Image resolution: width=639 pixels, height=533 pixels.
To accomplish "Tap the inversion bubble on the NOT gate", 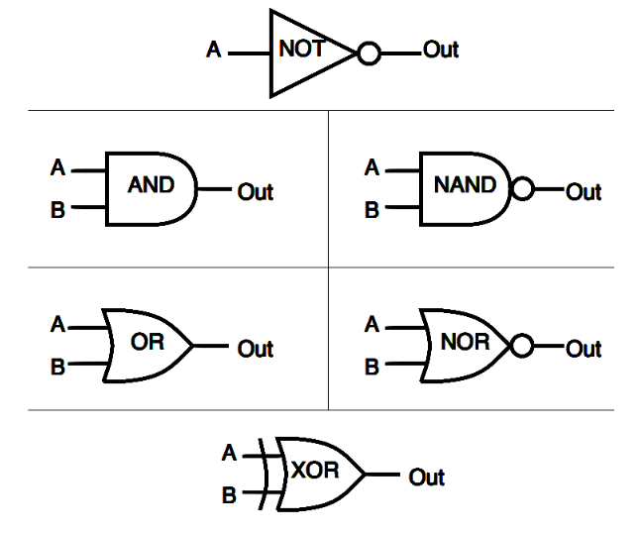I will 368,53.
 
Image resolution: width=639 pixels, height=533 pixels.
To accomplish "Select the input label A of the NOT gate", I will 214,50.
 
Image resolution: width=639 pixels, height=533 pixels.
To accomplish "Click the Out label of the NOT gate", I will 441,50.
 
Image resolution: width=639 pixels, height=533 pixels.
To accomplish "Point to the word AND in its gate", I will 151,184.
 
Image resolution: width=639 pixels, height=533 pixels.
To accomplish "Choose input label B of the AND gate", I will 57,210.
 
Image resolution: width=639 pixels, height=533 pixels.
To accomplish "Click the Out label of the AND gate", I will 255,192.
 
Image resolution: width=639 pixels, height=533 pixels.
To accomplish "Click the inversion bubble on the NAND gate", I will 522,188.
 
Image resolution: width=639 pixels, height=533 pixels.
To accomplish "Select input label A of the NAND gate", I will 372,168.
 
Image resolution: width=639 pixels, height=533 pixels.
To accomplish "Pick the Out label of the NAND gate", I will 584,192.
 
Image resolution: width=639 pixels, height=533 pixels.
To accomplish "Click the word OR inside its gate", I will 147,343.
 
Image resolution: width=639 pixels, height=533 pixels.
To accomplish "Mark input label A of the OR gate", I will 57,324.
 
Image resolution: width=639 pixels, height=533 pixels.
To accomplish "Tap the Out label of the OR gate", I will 255,349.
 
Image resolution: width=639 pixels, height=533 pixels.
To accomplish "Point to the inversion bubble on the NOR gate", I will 522,346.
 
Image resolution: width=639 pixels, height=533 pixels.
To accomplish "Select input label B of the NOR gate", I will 372,368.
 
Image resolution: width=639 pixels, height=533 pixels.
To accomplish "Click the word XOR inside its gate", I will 314,471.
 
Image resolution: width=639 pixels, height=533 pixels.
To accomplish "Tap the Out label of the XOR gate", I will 427,478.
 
